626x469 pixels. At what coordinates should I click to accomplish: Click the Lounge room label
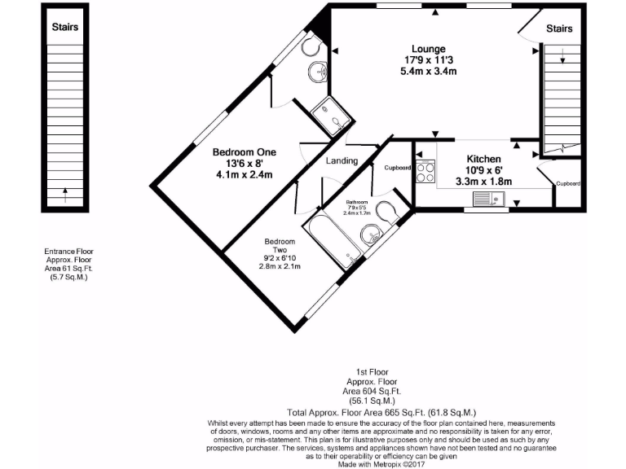tap(428, 49)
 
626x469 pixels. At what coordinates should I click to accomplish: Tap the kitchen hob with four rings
tap(425, 172)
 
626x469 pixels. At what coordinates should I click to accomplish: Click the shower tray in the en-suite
tap(333, 116)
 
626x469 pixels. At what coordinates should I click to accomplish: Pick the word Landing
tap(342, 160)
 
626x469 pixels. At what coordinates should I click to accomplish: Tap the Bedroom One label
tap(245, 152)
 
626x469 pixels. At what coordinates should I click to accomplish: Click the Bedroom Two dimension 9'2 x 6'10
tap(280, 258)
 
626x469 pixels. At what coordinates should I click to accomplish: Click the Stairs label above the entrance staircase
tap(65, 27)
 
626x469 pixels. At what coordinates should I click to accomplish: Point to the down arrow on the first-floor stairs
tap(562, 57)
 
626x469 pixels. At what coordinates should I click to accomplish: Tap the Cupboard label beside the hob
tap(398, 168)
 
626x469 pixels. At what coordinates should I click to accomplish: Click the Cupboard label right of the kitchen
tap(567, 184)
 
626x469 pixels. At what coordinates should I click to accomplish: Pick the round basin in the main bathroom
tap(371, 235)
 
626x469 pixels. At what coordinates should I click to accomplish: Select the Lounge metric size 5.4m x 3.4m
tap(428, 72)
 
